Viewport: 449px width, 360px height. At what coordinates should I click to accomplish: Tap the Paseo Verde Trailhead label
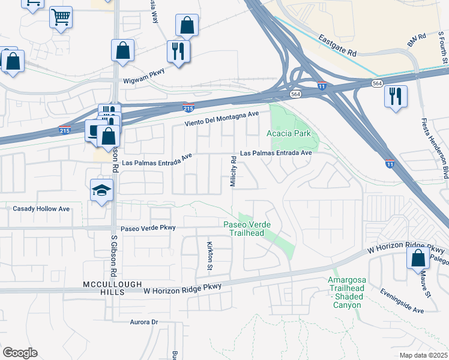coord(247,229)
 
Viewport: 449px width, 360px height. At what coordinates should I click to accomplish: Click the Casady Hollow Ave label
coord(41,209)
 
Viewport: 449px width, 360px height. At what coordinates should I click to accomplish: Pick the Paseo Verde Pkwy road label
coord(148,228)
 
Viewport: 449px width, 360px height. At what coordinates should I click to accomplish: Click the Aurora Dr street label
coord(143,322)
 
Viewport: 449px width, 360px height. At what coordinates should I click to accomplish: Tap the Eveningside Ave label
coord(402,301)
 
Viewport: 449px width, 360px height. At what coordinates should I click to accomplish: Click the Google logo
coord(20,353)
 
